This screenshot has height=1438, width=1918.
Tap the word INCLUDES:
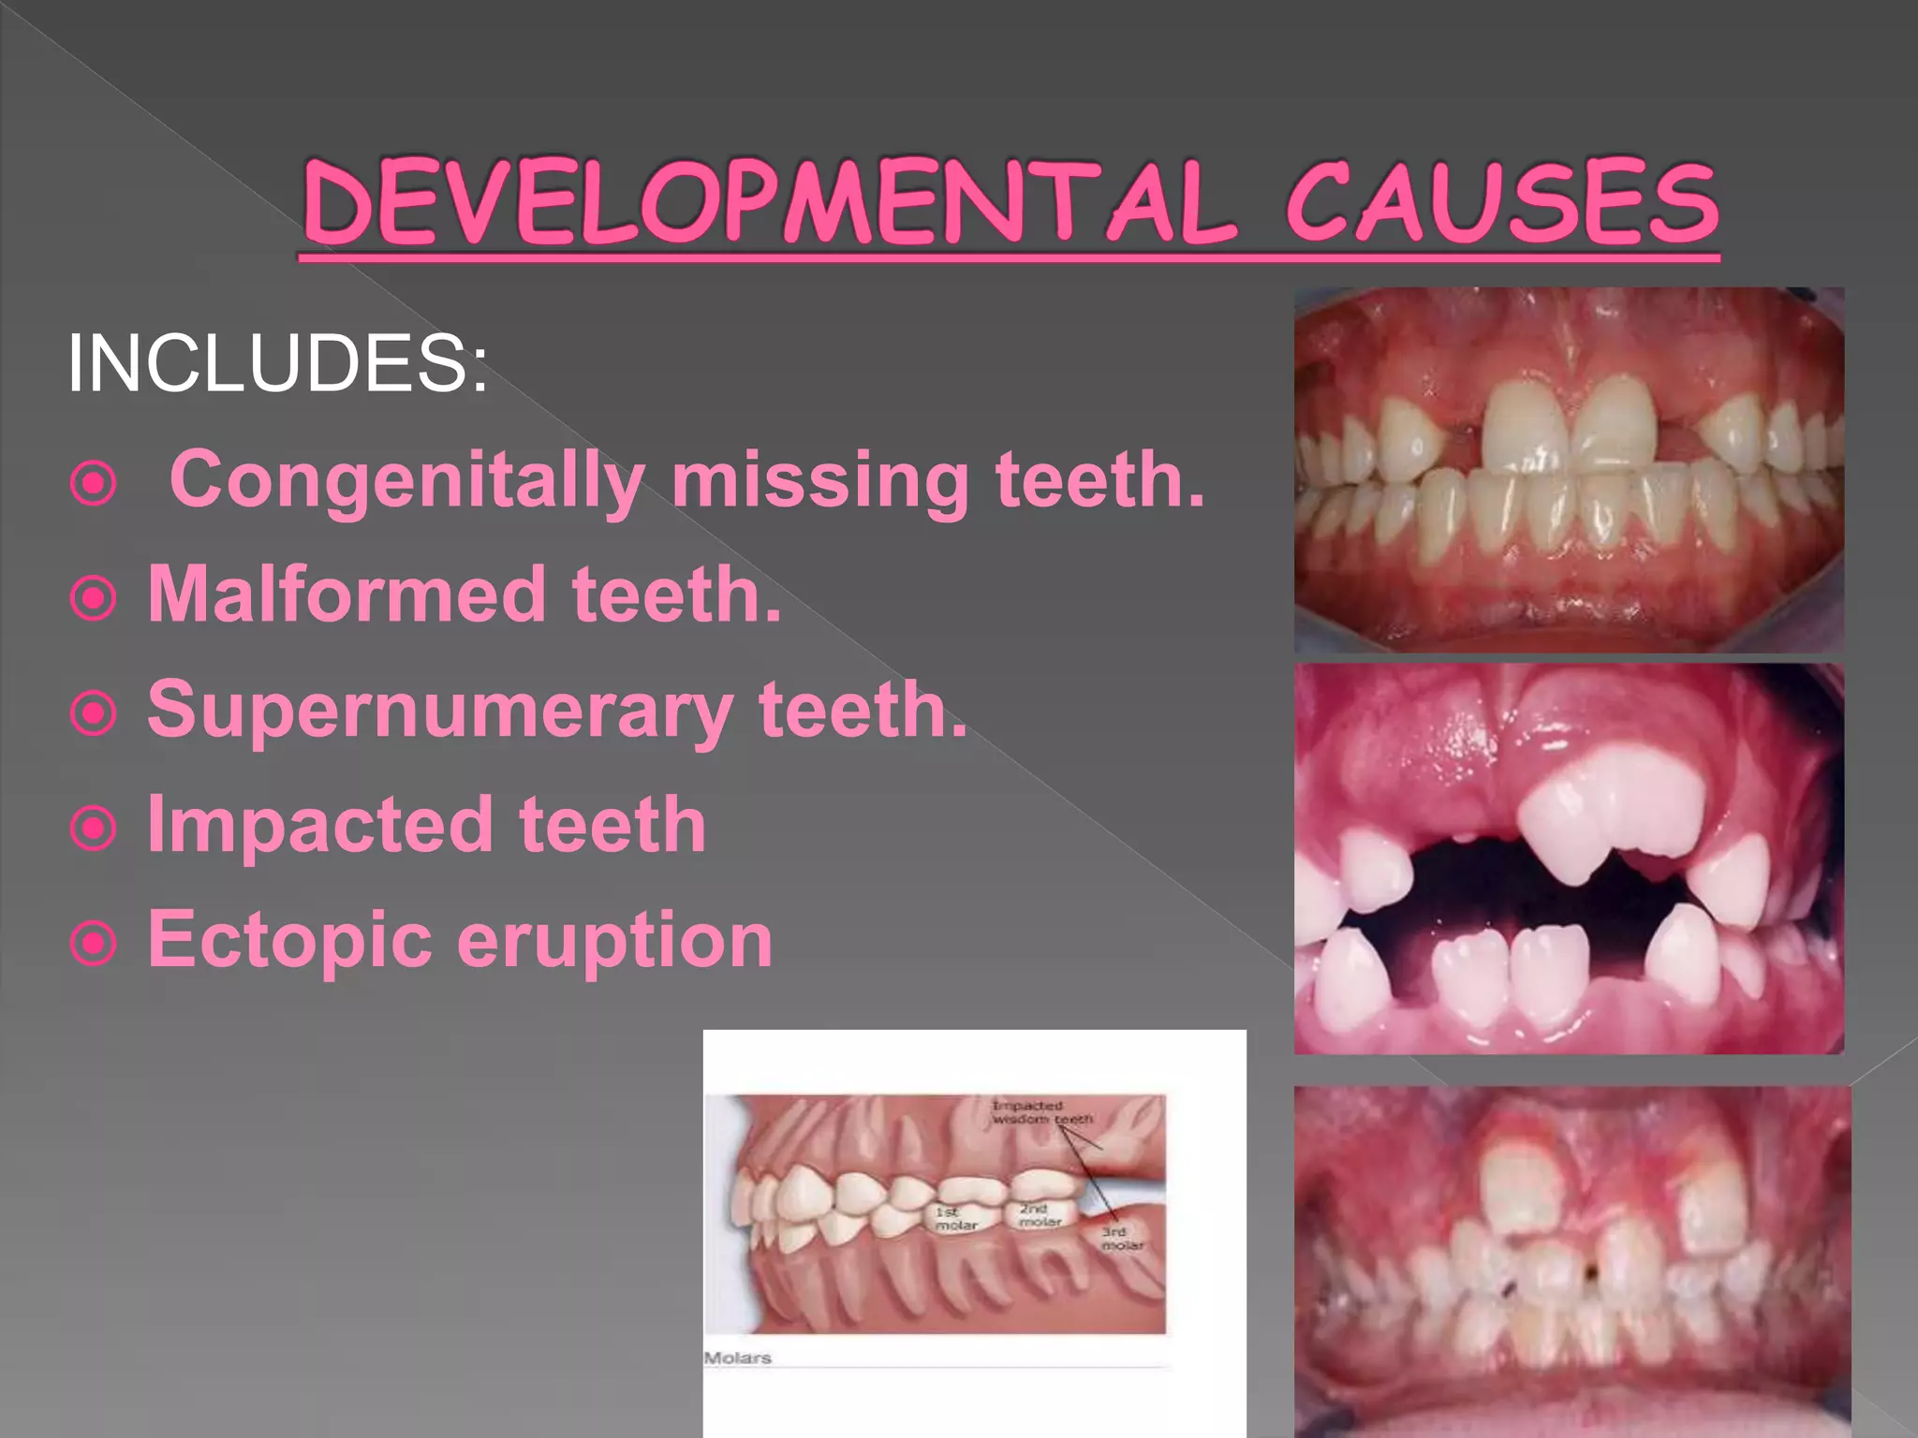pos(277,363)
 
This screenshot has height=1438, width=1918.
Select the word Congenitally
pos(406,480)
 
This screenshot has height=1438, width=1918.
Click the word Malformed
pos(347,594)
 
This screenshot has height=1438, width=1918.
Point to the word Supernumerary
pos(440,710)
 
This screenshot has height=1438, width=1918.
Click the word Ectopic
pos(290,939)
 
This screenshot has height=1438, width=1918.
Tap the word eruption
pos(615,941)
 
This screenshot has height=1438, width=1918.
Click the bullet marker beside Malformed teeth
pos(94,598)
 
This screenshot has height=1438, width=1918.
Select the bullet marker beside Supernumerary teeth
pos(94,713)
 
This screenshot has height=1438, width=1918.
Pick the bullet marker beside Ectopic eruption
pos(94,944)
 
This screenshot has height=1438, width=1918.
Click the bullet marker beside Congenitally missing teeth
pos(94,484)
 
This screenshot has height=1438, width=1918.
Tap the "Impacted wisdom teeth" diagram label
pos(1040,1112)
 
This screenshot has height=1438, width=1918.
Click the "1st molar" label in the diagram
pos(956,1218)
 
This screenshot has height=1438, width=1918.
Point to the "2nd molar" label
pos(1039,1215)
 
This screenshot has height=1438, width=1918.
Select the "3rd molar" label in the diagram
pos(1121,1238)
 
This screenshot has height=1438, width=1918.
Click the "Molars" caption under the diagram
pos(738,1357)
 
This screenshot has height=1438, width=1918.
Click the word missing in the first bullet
pos(820,480)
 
